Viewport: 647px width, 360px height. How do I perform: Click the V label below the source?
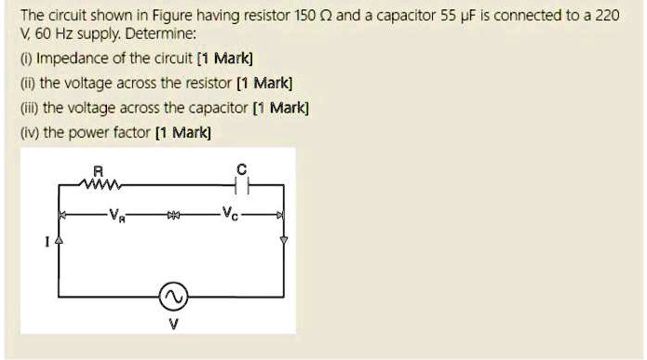173,325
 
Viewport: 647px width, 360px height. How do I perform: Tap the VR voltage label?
115,216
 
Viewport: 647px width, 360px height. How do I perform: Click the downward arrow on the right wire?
285,240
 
